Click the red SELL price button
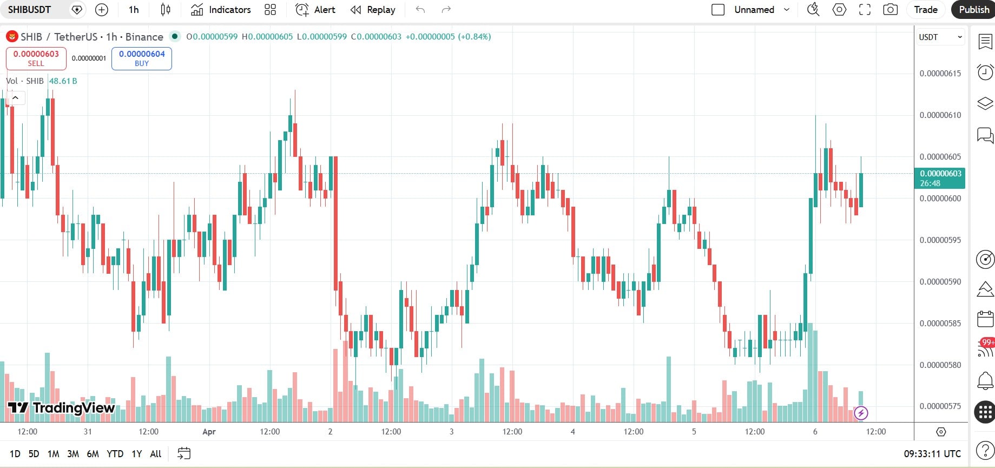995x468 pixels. (36, 58)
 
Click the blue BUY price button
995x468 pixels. (142, 58)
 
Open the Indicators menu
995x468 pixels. (221, 10)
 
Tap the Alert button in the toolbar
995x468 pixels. (315, 10)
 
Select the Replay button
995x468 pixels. (373, 10)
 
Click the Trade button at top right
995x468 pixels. (925, 10)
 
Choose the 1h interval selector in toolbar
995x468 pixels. (134, 10)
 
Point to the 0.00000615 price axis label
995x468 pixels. (940, 74)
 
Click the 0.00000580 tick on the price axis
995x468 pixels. (940, 365)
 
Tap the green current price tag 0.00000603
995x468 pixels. (940, 178)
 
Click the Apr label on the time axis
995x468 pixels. (209, 432)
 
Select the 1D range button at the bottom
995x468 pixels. (15, 454)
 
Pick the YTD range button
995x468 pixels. (115, 454)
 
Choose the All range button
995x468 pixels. (156, 454)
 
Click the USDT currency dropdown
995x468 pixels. (940, 37)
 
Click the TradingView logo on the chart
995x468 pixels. (62, 408)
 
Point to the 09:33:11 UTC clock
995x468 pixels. (932, 454)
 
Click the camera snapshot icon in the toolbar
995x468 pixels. (890, 10)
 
